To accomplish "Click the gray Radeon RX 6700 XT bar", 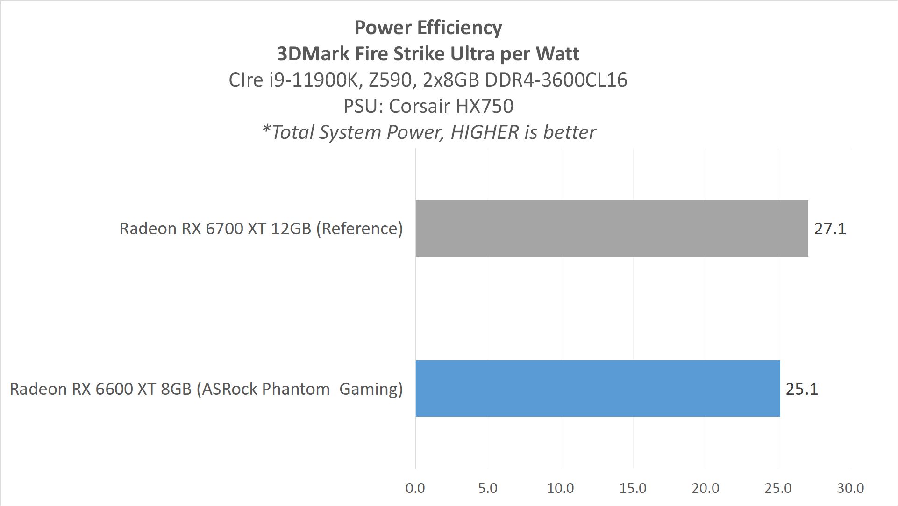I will (x=612, y=228).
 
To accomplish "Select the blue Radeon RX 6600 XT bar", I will (x=598, y=388).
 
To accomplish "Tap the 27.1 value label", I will (x=830, y=229).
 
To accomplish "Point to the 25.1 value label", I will (x=802, y=389).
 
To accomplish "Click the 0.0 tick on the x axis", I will (x=415, y=488).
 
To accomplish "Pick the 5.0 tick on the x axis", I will (x=488, y=488).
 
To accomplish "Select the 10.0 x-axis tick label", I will (x=560, y=488).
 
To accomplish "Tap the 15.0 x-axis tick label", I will (x=633, y=488).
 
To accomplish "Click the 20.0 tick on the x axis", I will (x=705, y=488).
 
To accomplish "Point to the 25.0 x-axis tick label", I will (x=778, y=488).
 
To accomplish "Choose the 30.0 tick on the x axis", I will (x=850, y=488).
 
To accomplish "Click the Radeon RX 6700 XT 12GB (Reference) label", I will (x=261, y=229).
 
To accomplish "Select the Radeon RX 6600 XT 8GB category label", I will (x=206, y=389).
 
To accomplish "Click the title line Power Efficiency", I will (x=428, y=28).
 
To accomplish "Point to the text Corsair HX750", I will (x=451, y=106).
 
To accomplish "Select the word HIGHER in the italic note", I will (x=485, y=132).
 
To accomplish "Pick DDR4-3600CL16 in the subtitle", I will (x=556, y=80).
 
